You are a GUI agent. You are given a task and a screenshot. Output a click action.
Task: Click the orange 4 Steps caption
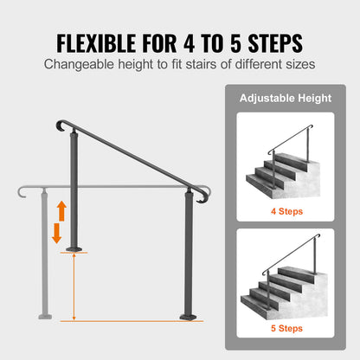(x=286, y=209)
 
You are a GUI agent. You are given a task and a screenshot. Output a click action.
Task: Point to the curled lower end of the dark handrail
(x=202, y=196)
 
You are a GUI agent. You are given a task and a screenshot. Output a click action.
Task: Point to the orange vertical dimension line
(x=73, y=286)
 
